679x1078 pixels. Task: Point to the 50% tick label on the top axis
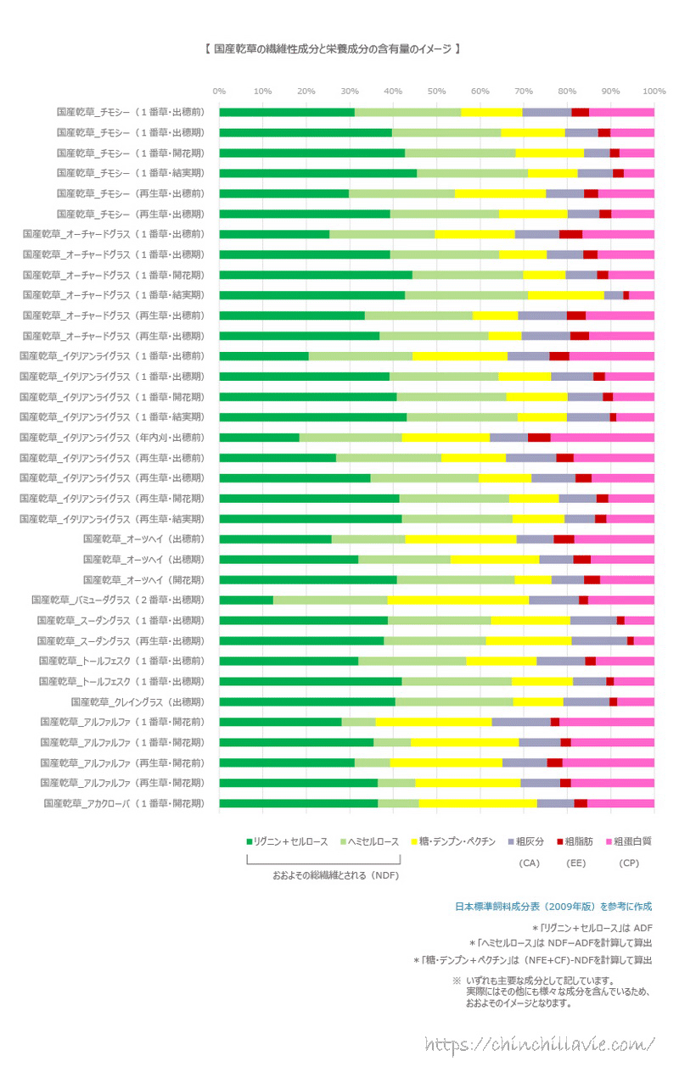(436, 91)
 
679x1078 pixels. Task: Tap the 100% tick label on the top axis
(654, 91)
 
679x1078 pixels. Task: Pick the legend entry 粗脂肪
(576, 841)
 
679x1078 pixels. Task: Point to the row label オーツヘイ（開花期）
(143, 579)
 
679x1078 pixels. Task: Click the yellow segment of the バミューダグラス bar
(457, 600)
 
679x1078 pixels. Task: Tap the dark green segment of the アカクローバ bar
(298, 803)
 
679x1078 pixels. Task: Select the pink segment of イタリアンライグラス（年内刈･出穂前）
(602, 437)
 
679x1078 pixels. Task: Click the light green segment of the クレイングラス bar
(454, 701)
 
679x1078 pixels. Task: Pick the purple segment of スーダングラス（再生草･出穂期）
(598, 640)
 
